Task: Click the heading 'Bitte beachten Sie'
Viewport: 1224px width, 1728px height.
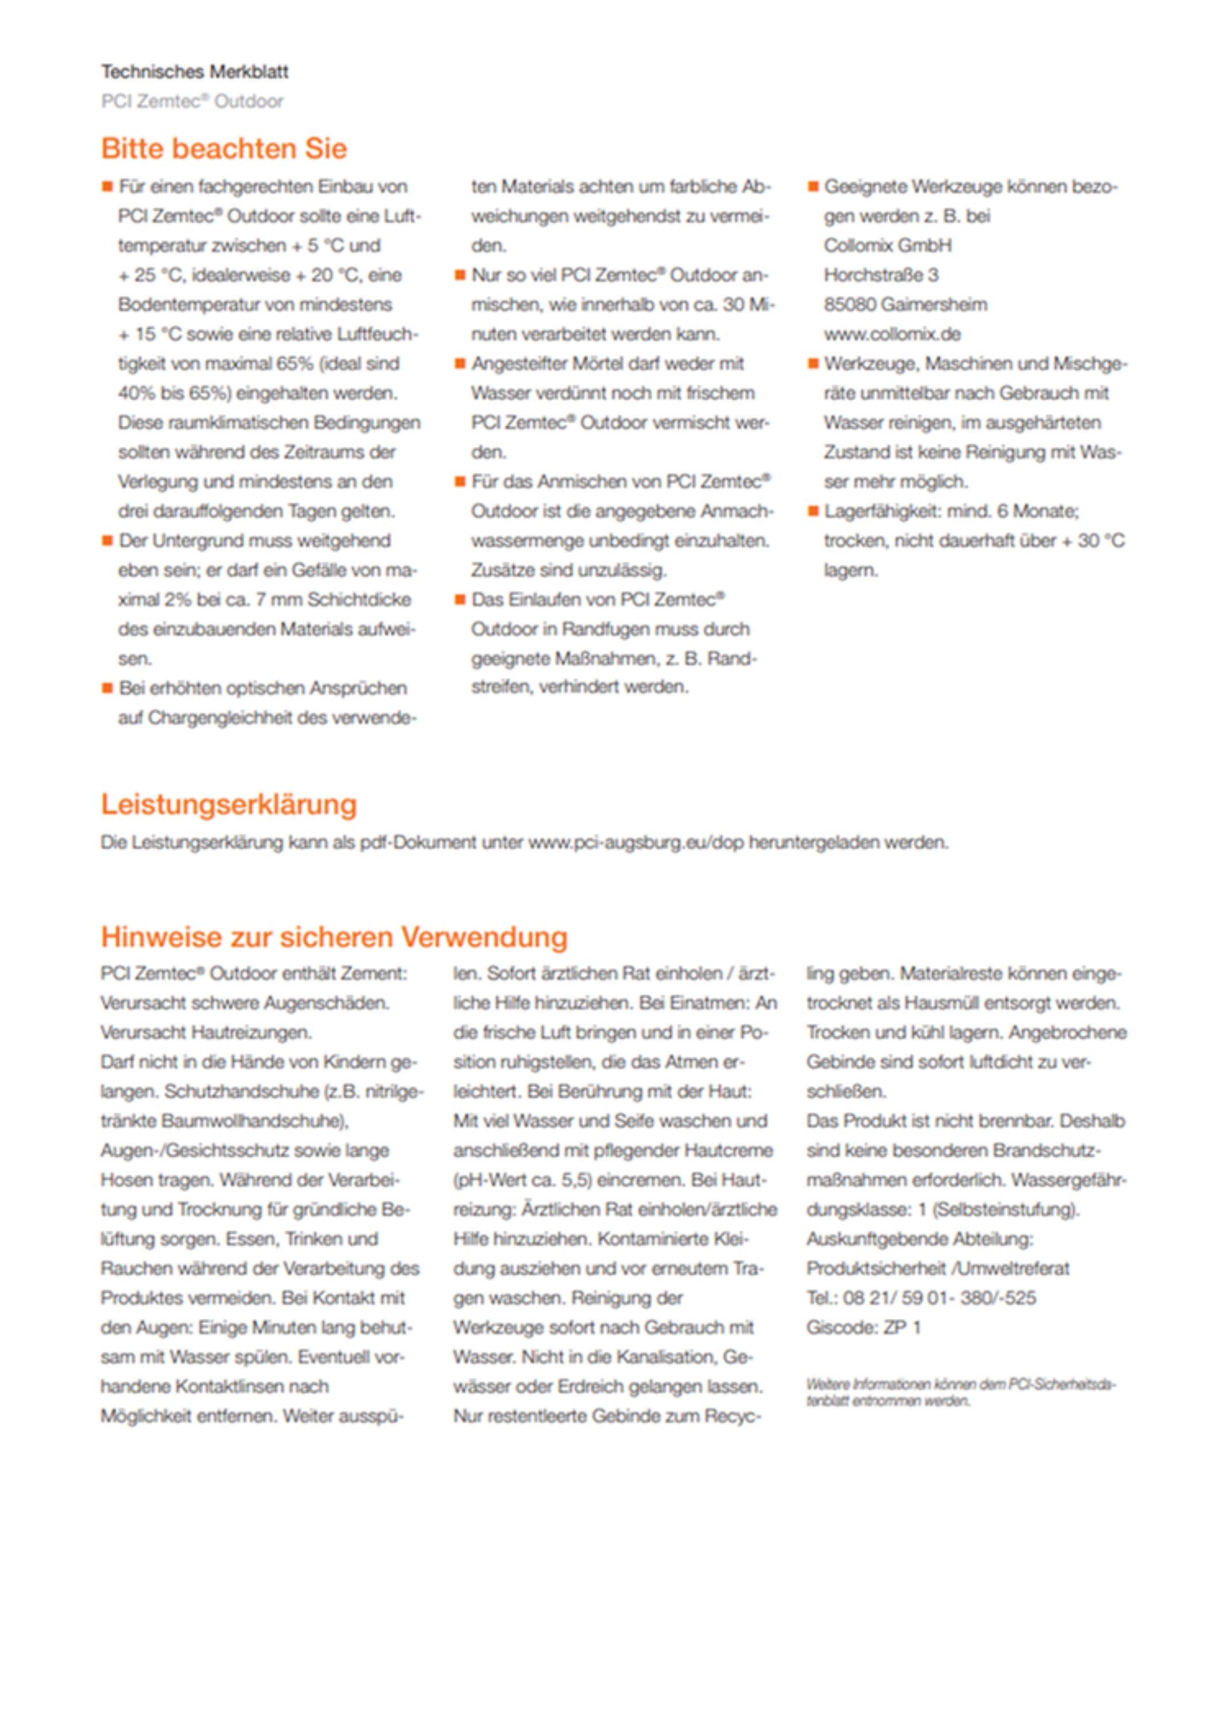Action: click(x=224, y=149)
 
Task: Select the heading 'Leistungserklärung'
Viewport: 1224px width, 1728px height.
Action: click(x=229, y=805)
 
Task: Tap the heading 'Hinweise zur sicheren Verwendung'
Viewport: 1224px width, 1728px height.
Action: click(x=334, y=937)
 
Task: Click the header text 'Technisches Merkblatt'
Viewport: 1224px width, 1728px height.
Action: click(x=195, y=73)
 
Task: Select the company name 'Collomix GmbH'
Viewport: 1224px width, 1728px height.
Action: click(x=887, y=246)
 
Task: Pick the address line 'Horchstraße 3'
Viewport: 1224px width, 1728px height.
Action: click(x=880, y=275)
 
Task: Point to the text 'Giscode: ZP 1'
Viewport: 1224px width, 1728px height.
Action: click(x=863, y=1328)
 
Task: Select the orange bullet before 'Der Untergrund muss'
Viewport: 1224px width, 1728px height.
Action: click(x=107, y=540)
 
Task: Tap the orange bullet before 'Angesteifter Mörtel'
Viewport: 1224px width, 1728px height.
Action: click(x=460, y=363)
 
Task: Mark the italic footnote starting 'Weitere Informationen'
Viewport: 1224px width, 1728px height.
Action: click(x=960, y=1393)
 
